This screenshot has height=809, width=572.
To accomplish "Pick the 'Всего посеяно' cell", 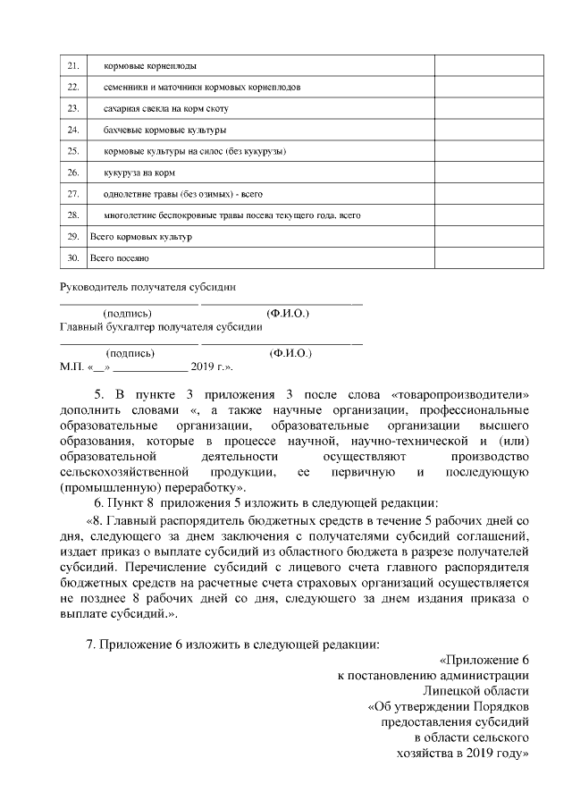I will click(120, 258).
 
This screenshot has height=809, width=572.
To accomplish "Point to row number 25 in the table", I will click(72, 152).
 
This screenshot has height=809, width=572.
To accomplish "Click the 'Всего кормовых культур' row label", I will click(141, 237).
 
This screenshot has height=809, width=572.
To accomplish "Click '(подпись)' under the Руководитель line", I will click(128, 314).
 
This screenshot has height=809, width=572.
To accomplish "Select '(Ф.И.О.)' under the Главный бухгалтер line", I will click(290, 353).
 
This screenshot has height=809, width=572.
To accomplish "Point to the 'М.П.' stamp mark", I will click(71, 367).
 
